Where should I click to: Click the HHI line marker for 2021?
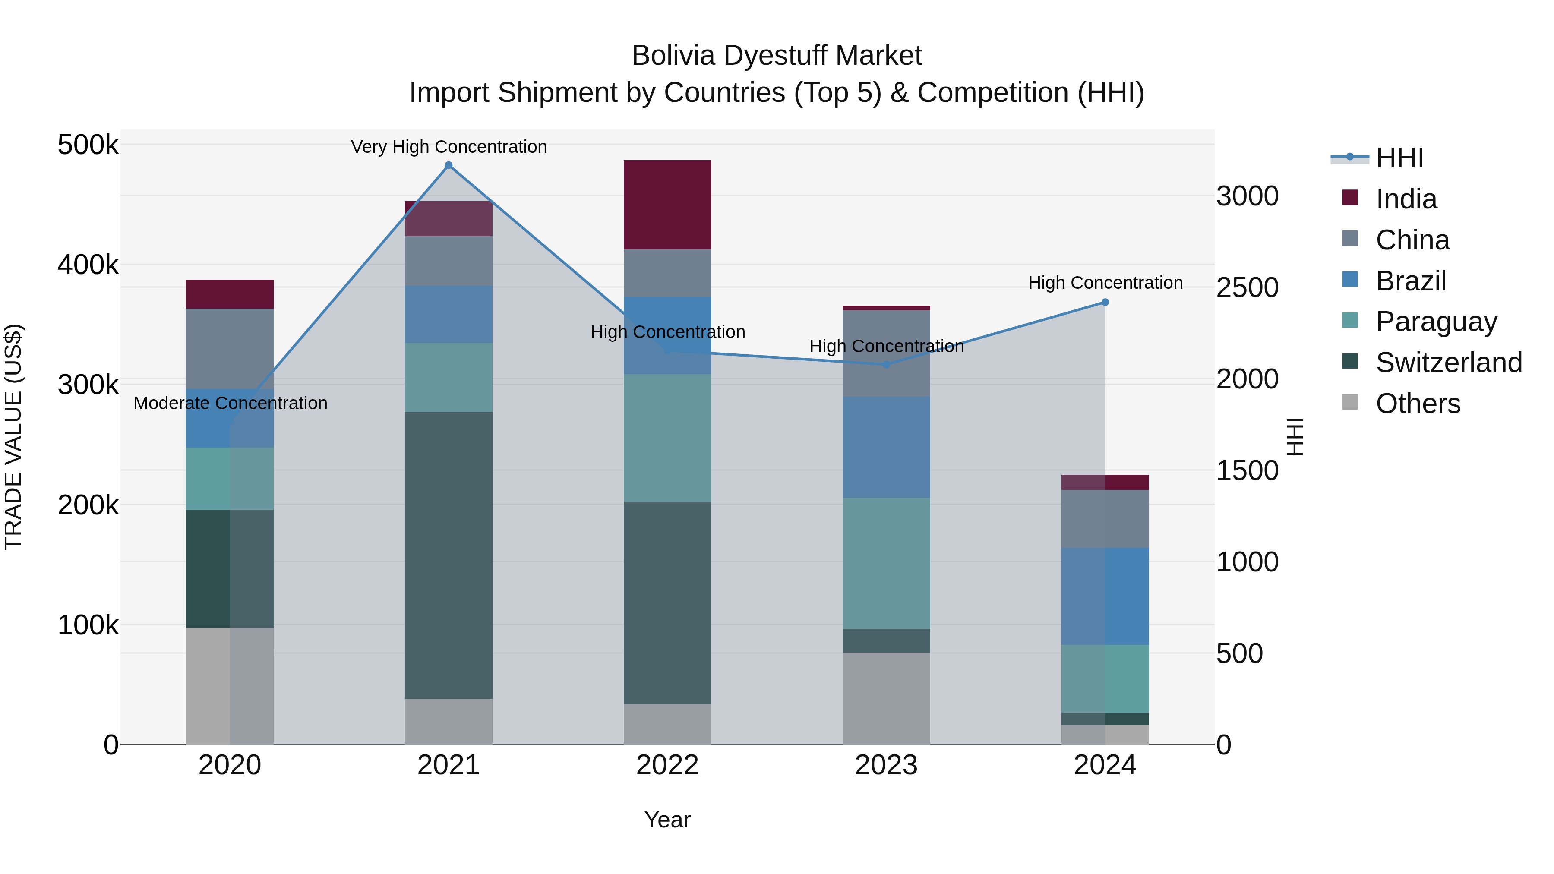[x=448, y=165]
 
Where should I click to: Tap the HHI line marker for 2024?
[x=1105, y=302]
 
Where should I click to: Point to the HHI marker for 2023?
[x=886, y=364]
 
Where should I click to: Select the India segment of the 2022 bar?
[x=667, y=205]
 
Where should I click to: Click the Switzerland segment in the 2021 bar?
[x=448, y=555]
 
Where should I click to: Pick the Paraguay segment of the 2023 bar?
[x=886, y=563]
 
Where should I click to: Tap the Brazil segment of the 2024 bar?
[x=1105, y=596]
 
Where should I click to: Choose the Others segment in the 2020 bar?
[x=229, y=686]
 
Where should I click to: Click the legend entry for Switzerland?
[x=1448, y=363]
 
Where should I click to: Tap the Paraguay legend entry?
[x=1435, y=322]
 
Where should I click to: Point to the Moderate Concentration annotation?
[x=231, y=403]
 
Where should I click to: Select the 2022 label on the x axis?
[x=667, y=765]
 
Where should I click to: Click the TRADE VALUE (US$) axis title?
[x=13, y=437]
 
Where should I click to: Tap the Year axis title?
[x=667, y=820]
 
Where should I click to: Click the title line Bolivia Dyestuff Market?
[x=777, y=56]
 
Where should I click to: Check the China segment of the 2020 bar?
[x=229, y=349]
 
